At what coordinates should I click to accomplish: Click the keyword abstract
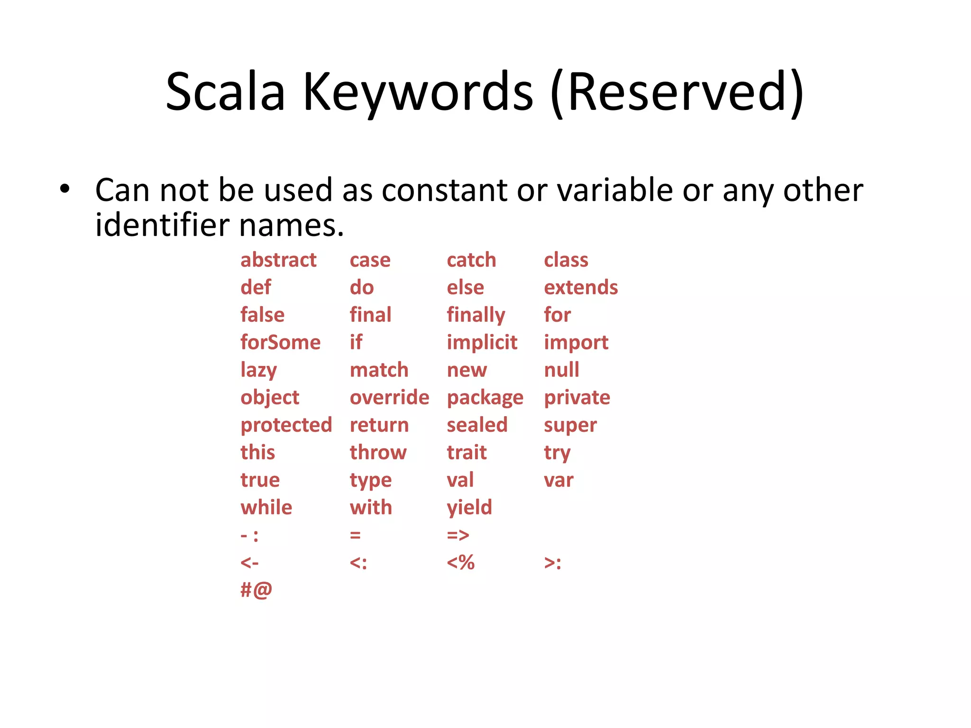click(278, 260)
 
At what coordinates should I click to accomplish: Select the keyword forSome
click(280, 343)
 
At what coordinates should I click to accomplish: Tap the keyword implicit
click(482, 343)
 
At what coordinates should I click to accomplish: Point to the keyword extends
click(581, 288)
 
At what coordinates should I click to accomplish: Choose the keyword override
click(389, 398)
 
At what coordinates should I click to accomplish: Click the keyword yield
click(469, 508)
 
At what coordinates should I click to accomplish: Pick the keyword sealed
click(477, 425)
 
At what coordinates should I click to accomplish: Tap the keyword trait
click(467, 453)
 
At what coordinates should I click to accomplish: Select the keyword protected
click(286, 425)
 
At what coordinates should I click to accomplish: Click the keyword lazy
click(258, 370)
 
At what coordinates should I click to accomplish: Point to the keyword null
click(561, 370)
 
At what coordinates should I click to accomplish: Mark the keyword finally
click(476, 315)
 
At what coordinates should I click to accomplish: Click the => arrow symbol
click(458, 535)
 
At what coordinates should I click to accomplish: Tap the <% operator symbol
click(460, 563)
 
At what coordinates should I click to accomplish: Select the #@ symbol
click(256, 590)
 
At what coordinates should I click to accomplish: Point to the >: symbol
click(553, 563)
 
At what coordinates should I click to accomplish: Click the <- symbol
click(249, 563)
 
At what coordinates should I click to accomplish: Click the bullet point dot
click(65, 190)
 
